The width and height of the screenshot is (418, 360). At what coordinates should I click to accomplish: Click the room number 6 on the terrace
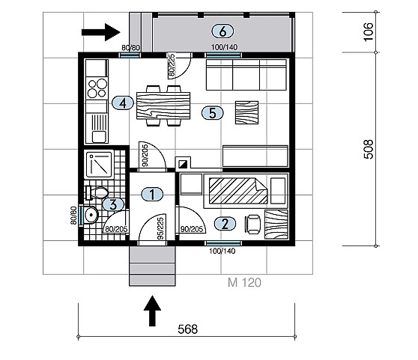click(x=222, y=31)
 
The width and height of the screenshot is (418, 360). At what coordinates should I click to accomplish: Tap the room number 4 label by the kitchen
click(x=123, y=103)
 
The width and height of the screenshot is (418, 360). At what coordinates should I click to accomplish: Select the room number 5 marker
click(x=213, y=113)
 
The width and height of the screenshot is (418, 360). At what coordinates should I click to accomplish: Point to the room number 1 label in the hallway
click(x=152, y=194)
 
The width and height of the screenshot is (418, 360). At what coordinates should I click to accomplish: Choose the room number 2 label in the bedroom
click(x=225, y=224)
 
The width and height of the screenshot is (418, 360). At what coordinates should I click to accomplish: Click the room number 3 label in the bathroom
click(x=113, y=205)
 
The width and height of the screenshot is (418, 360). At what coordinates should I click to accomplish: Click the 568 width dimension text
click(x=188, y=329)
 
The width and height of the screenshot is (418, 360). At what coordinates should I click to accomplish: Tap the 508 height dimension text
click(x=369, y=150)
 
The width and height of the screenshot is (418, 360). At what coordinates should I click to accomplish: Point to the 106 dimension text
click(x=369, y=32)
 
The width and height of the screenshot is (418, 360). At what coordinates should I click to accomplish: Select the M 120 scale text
click(x=244, y=282)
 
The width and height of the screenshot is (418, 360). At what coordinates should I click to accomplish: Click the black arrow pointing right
click(x=101, y=32)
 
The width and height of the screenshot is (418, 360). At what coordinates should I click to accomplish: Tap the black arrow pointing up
click(x=152, y=311)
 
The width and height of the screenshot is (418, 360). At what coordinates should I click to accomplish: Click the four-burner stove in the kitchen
click(x=97, y=88)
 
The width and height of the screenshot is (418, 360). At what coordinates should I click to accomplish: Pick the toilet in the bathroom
click(x=97, y=192)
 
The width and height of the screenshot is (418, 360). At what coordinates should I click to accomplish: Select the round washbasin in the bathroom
click(x=91, y=215)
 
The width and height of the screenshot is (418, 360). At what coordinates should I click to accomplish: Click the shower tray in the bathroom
click(x=99, y=165)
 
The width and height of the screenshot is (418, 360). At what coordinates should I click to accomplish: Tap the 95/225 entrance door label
click(x=160, y=228)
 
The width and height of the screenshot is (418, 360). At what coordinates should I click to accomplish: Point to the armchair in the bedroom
click(x=252, y=225)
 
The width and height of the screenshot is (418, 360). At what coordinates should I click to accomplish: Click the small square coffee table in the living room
click(x=246, y=112)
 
